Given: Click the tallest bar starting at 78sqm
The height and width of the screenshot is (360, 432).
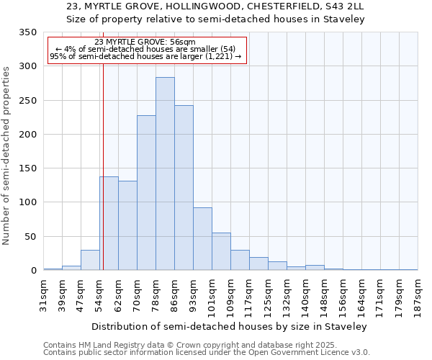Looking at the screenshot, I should (165, 174).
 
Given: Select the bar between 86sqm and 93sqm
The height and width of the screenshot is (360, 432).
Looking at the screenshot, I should (184, 188).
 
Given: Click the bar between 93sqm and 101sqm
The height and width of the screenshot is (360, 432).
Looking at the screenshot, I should (202, 239).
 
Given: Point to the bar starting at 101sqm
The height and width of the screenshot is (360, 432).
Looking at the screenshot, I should (221, 251).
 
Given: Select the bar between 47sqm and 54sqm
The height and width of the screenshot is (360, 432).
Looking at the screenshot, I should (90, 260).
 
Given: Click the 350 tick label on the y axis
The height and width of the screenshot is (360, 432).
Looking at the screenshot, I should (27, 32).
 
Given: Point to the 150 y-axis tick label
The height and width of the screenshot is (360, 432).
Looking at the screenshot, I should (27, 168).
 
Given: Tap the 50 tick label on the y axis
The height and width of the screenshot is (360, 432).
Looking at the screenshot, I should (30, 236).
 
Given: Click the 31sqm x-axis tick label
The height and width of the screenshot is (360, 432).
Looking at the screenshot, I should (44, 293).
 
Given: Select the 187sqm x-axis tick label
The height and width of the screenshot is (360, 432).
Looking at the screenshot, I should (418, 293).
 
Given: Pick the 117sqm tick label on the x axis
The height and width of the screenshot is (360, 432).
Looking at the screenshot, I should (250, 293).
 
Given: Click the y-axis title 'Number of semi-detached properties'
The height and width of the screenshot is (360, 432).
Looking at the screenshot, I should (6, 155).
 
